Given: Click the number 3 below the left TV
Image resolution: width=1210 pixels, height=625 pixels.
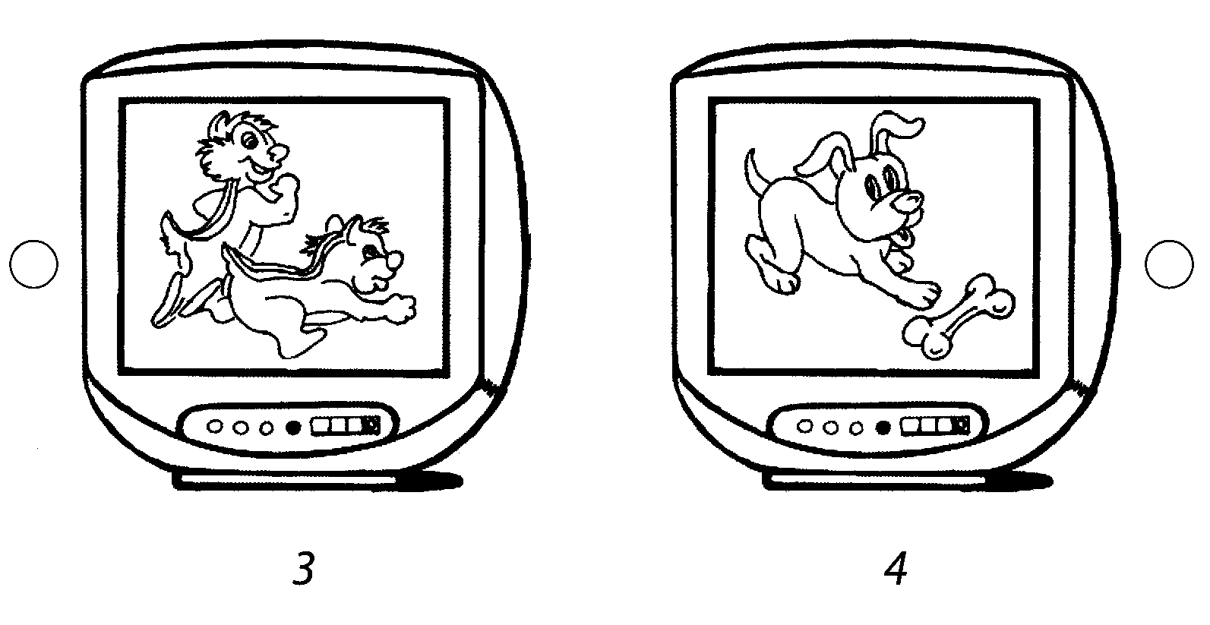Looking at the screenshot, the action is pyautogui.click(x=304, y=568).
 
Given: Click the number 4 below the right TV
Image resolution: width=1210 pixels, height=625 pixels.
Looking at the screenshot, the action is pyautogui.click(x=896, y=568).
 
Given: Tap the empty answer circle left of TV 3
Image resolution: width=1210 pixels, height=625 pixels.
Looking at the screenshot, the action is pyautogui.click(x=33, y=264).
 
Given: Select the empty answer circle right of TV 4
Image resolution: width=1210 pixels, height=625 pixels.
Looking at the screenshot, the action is pyautogui.click(x=1169, y=264).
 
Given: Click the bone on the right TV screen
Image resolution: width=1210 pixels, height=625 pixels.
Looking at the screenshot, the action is pyautogui.click(x=959, y=316).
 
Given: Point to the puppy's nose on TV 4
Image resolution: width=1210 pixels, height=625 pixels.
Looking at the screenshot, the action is pyautogui.click(x=908, y=202).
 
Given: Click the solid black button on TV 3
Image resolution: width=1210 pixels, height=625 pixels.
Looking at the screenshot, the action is pyautogui.click(x=292, y=428).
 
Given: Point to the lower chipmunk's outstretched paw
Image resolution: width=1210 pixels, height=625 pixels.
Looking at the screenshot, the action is pyautogui.click(x=400, y=308).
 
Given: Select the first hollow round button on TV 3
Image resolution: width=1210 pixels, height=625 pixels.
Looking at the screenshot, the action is pyautogui.click(x=214, y=427).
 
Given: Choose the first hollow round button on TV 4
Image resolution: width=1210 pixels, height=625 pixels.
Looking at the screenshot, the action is pyautogui.click(x=804, y=427).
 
